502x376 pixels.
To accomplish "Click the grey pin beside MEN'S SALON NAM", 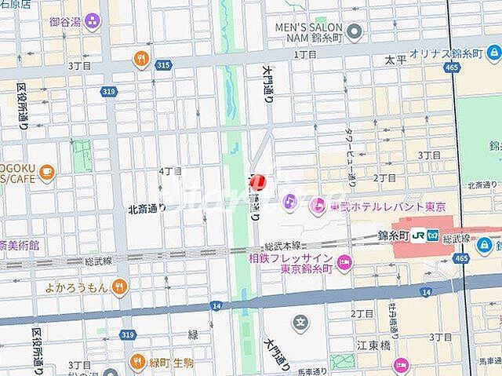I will (355, 32).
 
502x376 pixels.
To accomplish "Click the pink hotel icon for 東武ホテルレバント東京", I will (318, 207).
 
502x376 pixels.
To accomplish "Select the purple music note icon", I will (289, 201).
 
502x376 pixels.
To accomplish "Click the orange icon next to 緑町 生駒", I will (138, 362).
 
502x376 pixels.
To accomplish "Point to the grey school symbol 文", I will (300, 321).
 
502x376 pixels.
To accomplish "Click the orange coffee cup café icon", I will (46, 172).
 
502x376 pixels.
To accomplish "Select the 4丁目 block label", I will (170, 170).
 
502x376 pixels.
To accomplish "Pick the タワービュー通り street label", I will (351, 158).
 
